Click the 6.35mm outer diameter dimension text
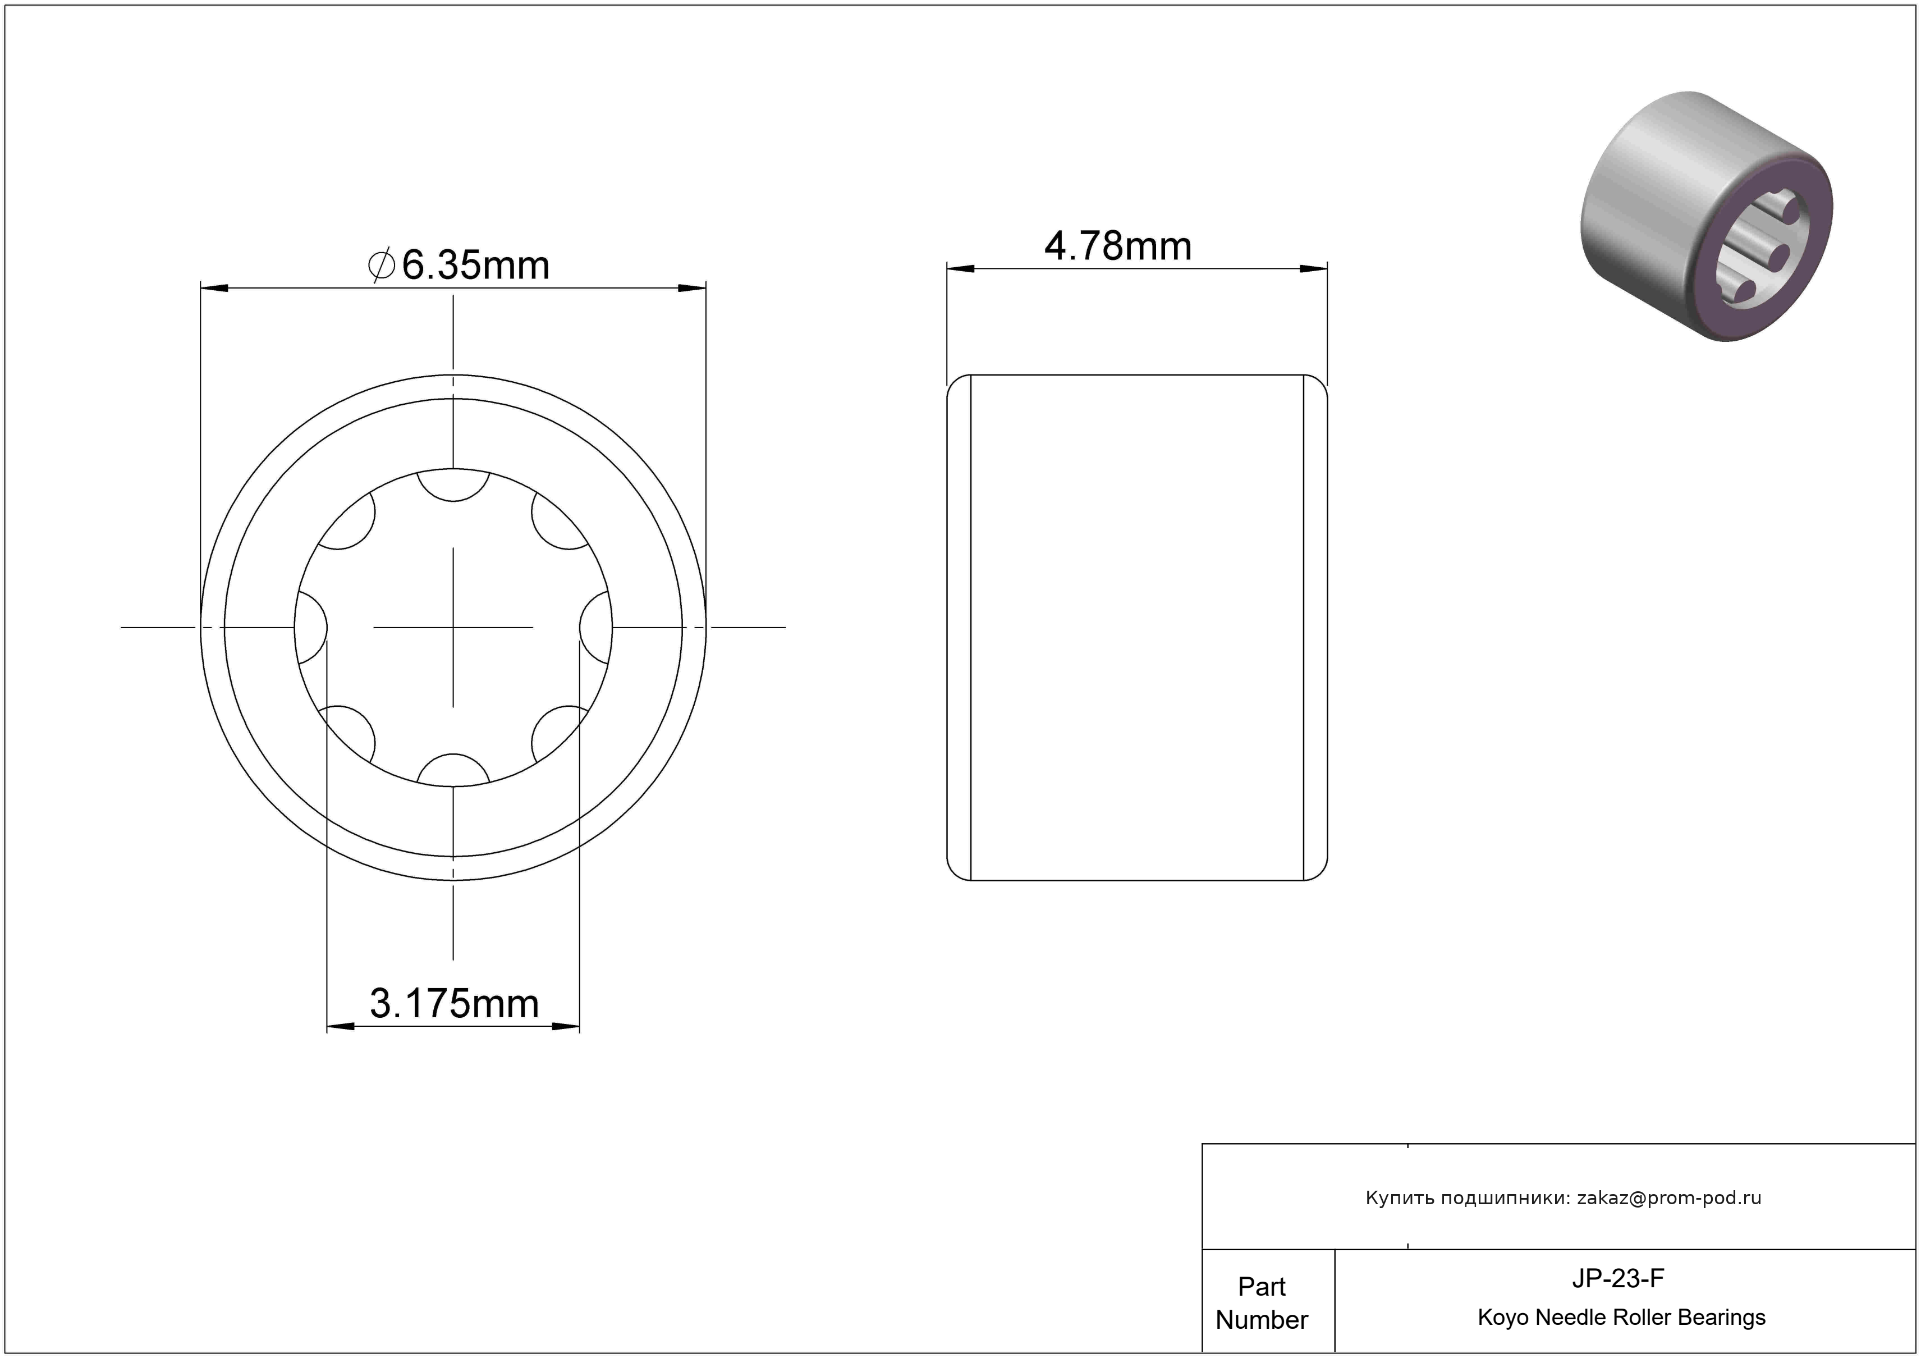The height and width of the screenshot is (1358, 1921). pos(475,265)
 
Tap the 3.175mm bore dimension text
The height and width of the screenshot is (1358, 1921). pos(455,1003)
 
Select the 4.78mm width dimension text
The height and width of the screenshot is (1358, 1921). pos(1118,246)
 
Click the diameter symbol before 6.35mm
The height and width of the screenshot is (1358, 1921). pos(382,265)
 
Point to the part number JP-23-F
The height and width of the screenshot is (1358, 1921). pos(1617,1278)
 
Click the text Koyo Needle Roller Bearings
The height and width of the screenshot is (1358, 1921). pos(1621,1318)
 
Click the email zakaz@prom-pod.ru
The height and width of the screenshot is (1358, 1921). pos(1669,1198)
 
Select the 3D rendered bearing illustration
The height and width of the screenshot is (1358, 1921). pos(1706,217)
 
